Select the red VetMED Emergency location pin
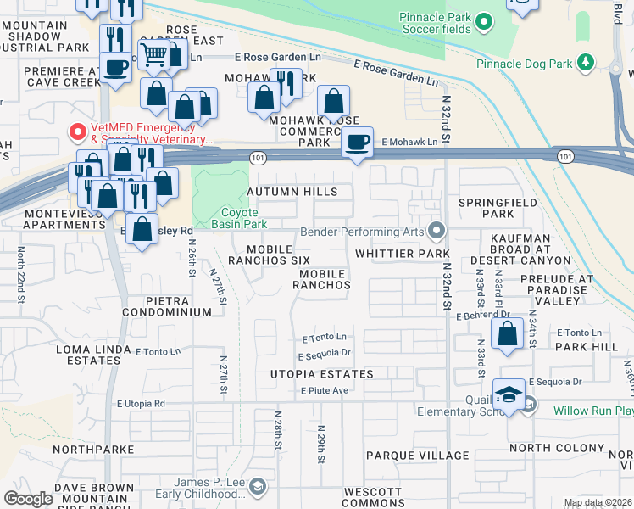pos(76,132)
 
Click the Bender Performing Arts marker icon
pos(437,231)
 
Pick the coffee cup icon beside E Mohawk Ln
pos(358,141)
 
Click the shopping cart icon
pos(153,54)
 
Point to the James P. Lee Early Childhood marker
pos(258,486)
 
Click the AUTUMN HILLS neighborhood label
pos(292,193)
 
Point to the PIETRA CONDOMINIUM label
pos(166,306)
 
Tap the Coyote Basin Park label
pos(244,218)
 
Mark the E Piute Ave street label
pos(325,390)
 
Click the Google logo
pos(28,499)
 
